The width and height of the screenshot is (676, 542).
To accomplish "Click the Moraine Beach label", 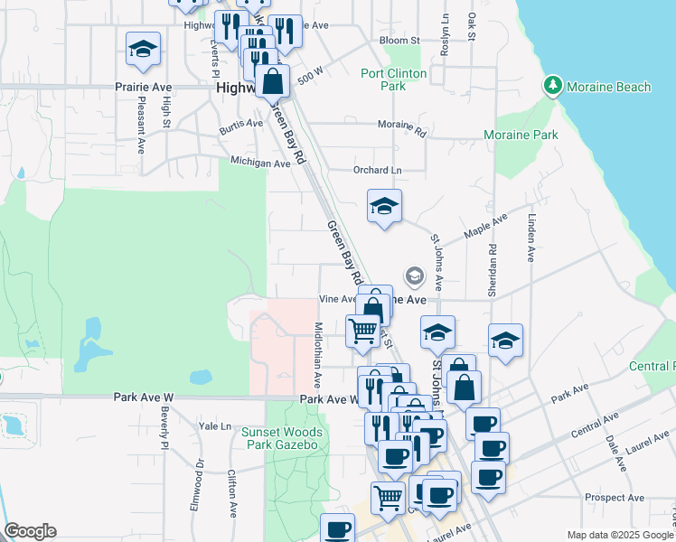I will [608, 87].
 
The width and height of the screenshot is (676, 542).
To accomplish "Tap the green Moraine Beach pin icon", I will [552, 86].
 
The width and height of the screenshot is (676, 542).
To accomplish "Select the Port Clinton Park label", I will [395, 80].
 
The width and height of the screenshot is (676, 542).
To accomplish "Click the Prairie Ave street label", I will [143, 88].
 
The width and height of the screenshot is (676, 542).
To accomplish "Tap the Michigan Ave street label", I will [260, 164].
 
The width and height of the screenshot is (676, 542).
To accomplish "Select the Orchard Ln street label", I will [378, 170].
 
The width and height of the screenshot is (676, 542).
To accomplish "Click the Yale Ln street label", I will [215, 425].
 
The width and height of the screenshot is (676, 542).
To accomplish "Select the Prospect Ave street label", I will [615, 498].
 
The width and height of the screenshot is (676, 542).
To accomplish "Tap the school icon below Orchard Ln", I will [384, 207].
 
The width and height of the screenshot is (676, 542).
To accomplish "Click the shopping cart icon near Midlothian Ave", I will [363, 331].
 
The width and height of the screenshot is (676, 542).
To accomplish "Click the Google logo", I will [30, 531].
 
